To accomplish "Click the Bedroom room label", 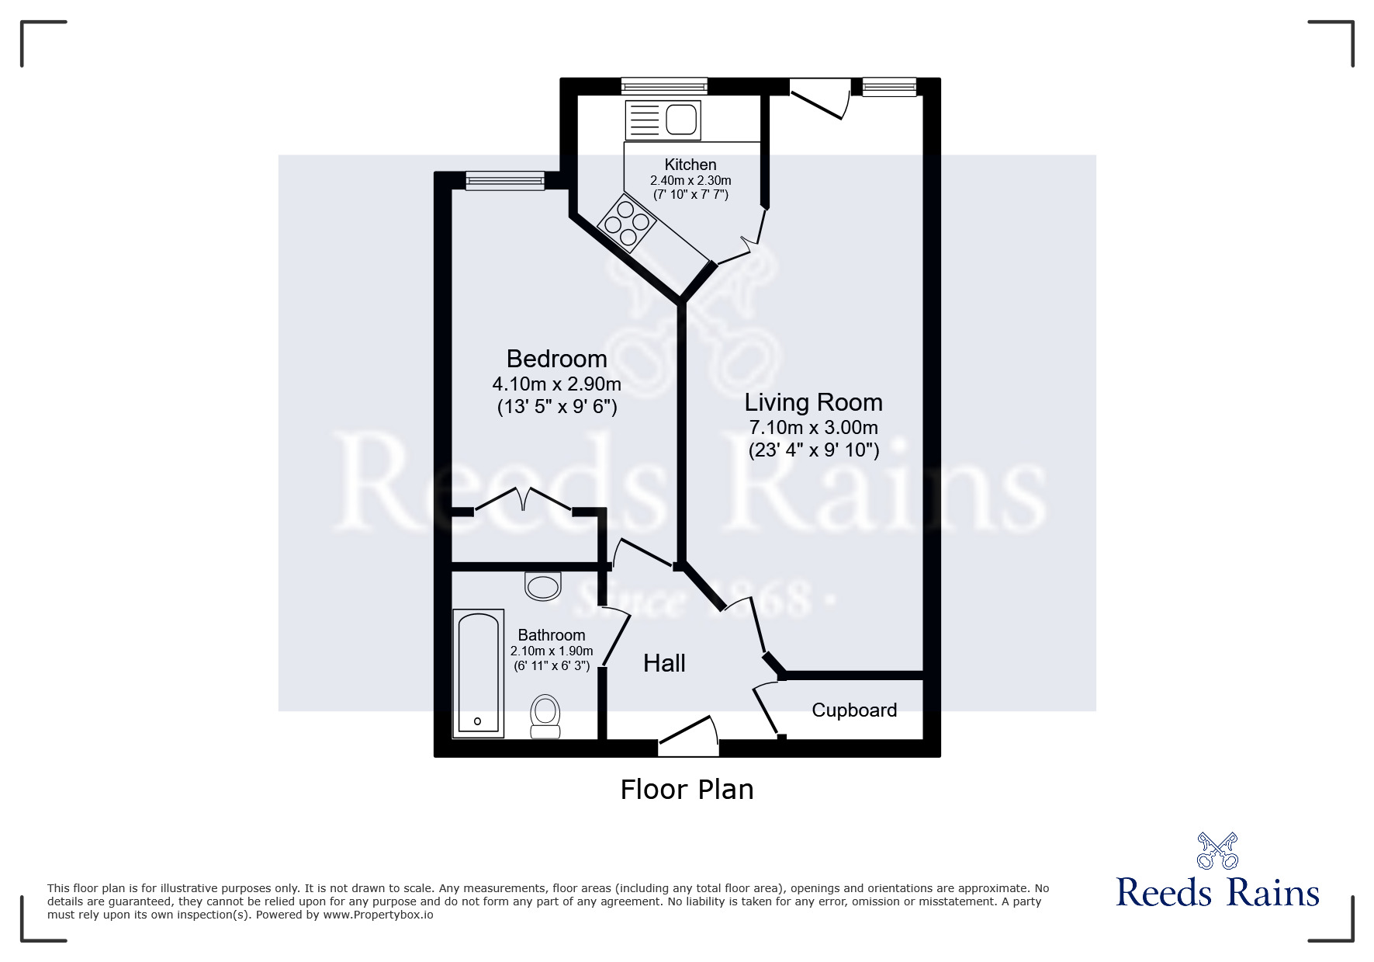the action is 556,359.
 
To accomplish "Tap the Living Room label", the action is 813,402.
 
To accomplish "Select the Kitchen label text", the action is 690,165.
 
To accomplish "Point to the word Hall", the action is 664,663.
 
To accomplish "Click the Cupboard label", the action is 854,710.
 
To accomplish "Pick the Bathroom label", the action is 552,635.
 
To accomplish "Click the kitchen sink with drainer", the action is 663,120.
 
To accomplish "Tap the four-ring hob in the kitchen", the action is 627,223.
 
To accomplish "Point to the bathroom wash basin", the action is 543,585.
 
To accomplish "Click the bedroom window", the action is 505,181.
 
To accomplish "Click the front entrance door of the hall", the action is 688,735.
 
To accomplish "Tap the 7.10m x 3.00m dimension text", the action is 813,427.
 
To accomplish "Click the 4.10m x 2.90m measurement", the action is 556,384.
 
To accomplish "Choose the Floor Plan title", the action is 687,790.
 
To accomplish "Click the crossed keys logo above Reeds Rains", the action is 1217,851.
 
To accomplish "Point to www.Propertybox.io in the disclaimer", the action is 378,915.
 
